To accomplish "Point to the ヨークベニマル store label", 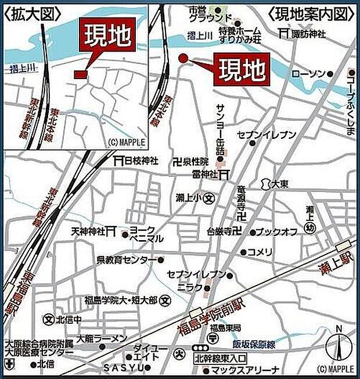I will (x=146, y=234).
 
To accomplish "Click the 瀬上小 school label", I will (x=188, y=198).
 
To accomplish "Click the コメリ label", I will (x=260, y=252).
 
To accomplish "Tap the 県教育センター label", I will (x=126, y=260).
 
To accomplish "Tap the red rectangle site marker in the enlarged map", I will (x=80, y=74).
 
